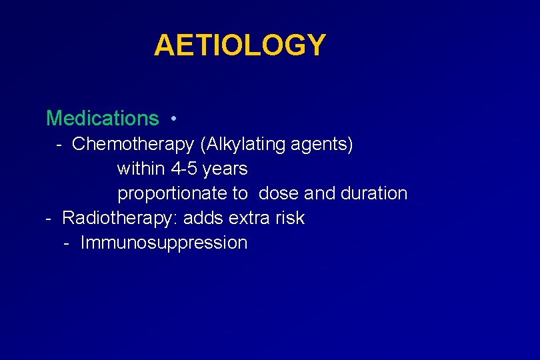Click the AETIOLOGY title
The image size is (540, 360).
point(239,45)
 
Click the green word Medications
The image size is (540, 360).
point(102,119)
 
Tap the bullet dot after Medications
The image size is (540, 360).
point(173,119)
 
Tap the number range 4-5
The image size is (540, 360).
point(184,169)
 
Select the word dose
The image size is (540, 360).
point(279,193)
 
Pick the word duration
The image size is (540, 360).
point(373,193)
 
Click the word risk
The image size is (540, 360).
point(290,218)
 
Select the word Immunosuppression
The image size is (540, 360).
point(163,243)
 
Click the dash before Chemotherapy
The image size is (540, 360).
point(59,145)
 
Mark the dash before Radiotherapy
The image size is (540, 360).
point(48,219)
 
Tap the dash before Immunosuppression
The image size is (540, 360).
point(67,243)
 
